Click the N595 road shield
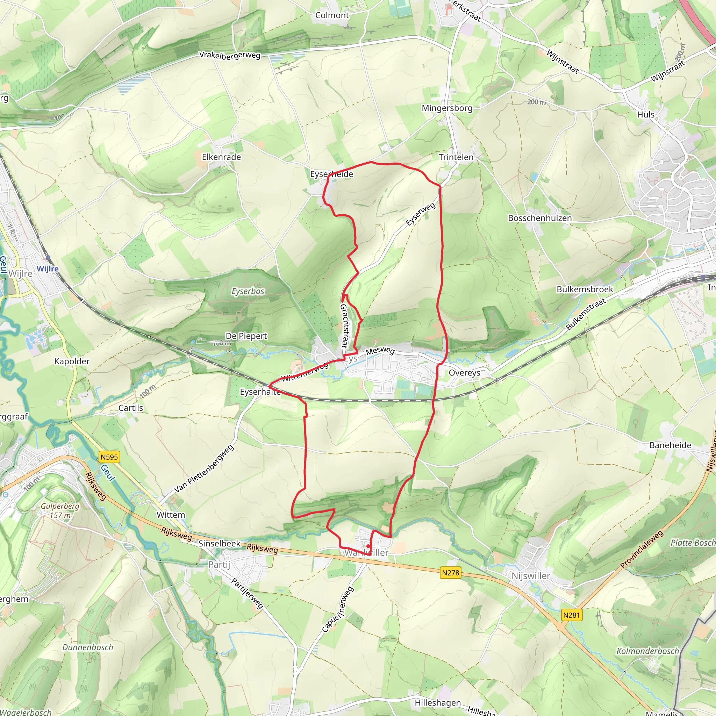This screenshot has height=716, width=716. coord(109,457)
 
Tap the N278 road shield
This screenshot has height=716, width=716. coord(450,573)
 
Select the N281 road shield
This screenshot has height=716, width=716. coord(571,615)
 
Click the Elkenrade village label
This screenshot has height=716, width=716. coord(221,157)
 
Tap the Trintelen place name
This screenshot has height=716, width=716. coord(456,157)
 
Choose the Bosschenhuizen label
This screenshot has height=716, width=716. coord(539,218)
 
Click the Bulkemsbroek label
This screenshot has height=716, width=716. coord(585,289)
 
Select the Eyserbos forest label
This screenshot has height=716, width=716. coord(248,291)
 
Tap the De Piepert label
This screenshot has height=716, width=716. coord(246,336)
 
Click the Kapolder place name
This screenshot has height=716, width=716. coord(72,361)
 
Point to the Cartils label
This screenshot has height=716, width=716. coord(130,408)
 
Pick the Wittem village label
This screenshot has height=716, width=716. coord(171,515)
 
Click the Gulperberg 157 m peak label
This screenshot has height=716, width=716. coord(60,510)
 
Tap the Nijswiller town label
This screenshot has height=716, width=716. coord(531,575)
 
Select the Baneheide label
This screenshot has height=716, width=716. coord(670,445)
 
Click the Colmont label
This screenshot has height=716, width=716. coord(332,15)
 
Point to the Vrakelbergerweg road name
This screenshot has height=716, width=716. coord(230,55)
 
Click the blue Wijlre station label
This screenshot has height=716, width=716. coord(48,269)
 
